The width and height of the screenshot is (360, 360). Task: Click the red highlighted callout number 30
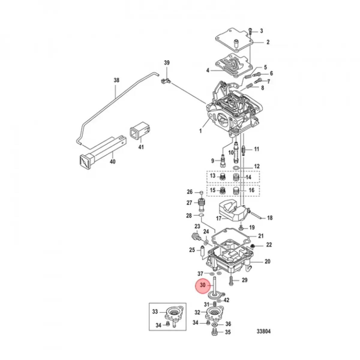point(203,285)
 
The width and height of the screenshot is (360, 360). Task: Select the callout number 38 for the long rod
point(116,80)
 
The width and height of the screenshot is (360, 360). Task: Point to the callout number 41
point(141,147)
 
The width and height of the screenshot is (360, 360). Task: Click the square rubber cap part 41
point(139,131)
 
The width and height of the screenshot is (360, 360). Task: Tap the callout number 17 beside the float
point(219,218)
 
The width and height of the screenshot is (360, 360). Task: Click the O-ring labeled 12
point(236,167)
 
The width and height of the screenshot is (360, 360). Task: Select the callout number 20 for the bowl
point(267,261)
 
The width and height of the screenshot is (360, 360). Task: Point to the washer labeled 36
point(215,325)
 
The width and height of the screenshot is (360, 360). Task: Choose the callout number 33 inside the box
point(155,312)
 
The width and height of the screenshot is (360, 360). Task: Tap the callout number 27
point(189,203)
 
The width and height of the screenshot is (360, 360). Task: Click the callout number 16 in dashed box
point(251,190)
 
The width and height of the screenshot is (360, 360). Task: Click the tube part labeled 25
point(202,252)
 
